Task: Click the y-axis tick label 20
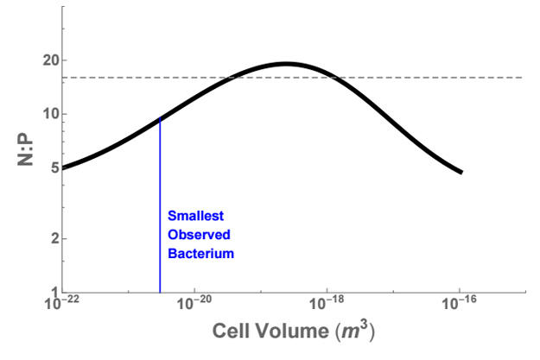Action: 48,60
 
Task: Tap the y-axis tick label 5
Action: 51,167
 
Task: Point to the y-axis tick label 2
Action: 51,238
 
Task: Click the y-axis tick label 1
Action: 51,292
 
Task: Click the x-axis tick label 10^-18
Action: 327,305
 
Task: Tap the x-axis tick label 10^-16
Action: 459,305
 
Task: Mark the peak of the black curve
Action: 287,63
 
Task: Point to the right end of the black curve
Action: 462,172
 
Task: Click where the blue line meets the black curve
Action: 160,118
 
